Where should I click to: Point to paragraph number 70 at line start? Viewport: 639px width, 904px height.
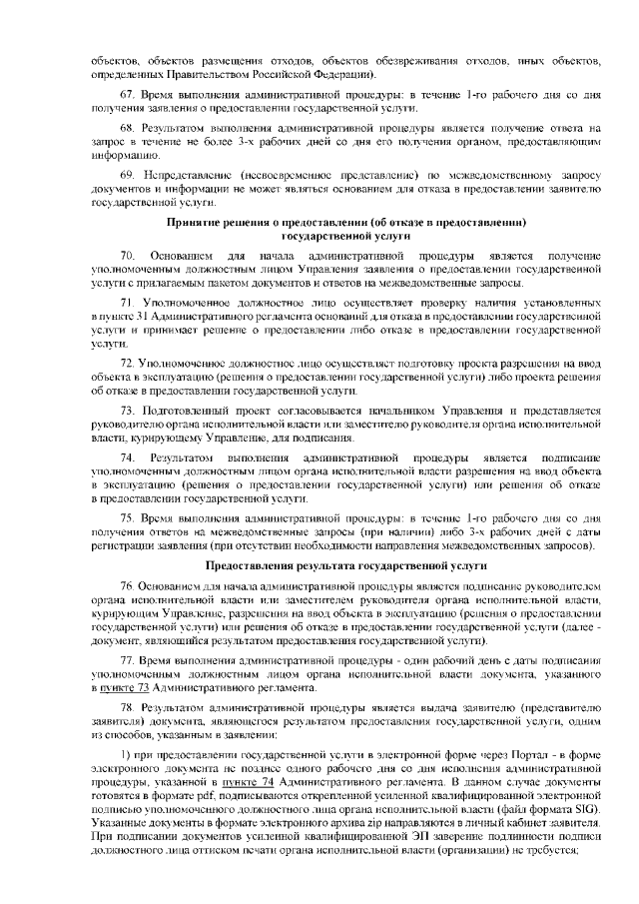click(x=126, y=259)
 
